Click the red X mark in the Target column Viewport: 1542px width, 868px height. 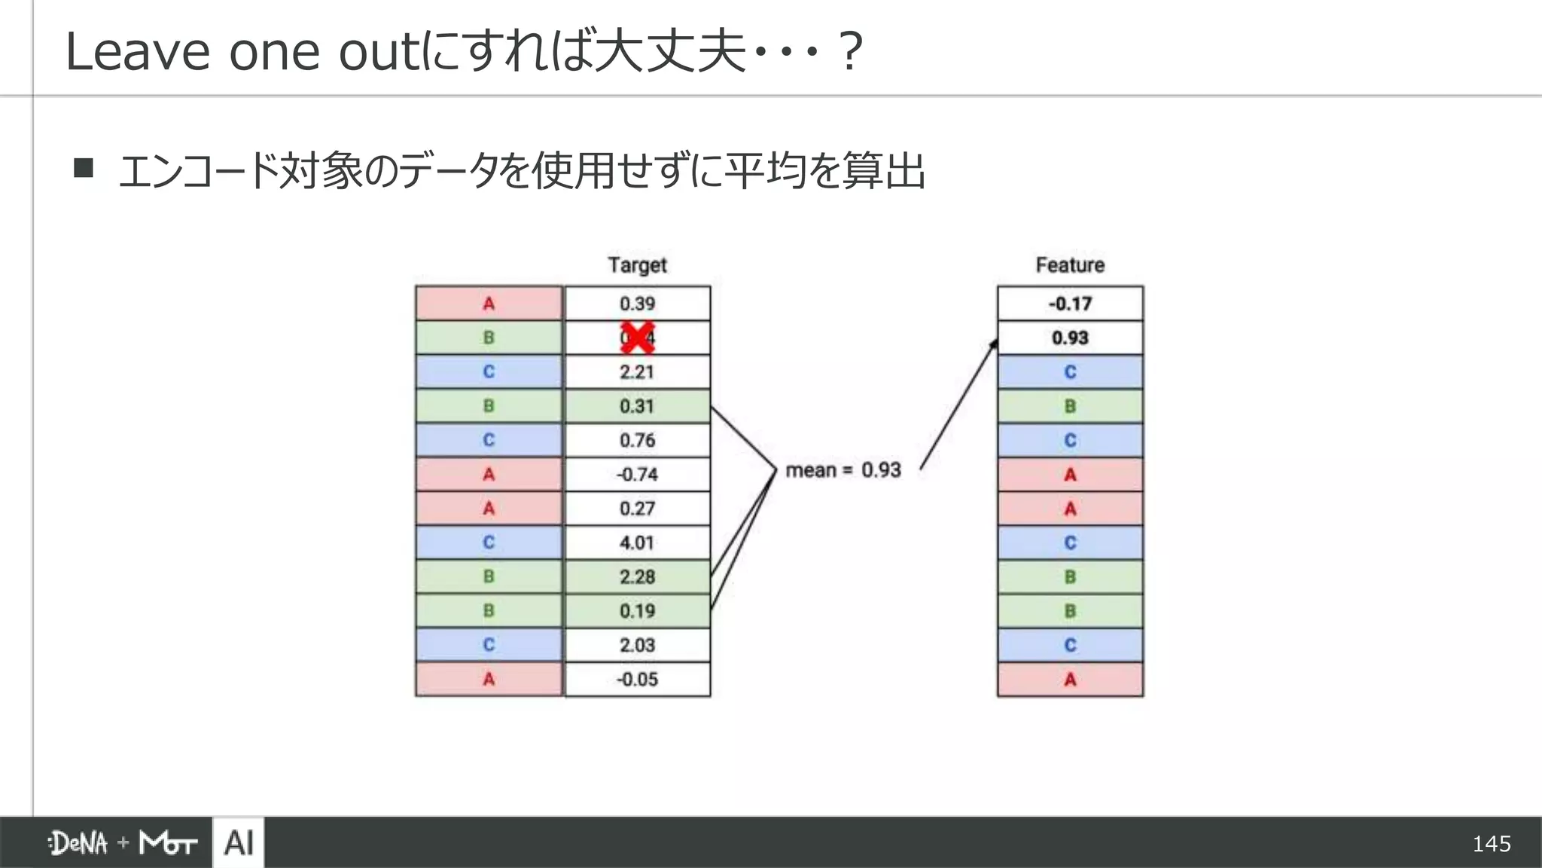pos(637,338)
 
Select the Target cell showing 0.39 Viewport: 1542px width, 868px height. pos(637,304)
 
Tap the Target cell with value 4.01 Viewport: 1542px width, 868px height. pos(637,542)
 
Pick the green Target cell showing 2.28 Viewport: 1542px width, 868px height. pos(637,577)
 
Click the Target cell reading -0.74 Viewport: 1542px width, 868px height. pos(637,475)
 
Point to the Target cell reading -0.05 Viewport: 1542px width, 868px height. pos(637,680)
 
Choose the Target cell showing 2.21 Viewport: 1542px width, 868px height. pos(637,372)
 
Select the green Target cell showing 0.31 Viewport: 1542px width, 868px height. pos(637,406)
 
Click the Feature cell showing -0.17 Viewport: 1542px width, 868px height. pos(1070,304)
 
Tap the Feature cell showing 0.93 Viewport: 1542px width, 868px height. pos(1070,338)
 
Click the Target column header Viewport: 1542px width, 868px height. pos(637,265)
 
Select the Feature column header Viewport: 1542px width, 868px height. pos(1070,265)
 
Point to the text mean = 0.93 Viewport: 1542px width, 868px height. pos(843,470)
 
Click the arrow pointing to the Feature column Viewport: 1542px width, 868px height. pos(958,404)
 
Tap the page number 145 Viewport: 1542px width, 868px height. pos(1491,844)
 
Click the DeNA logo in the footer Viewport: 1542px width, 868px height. pos(78,843)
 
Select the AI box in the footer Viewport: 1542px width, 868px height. pos(239,842)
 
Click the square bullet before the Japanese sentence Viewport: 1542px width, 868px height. pos(84,167)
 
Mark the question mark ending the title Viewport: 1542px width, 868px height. pos(850,52)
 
